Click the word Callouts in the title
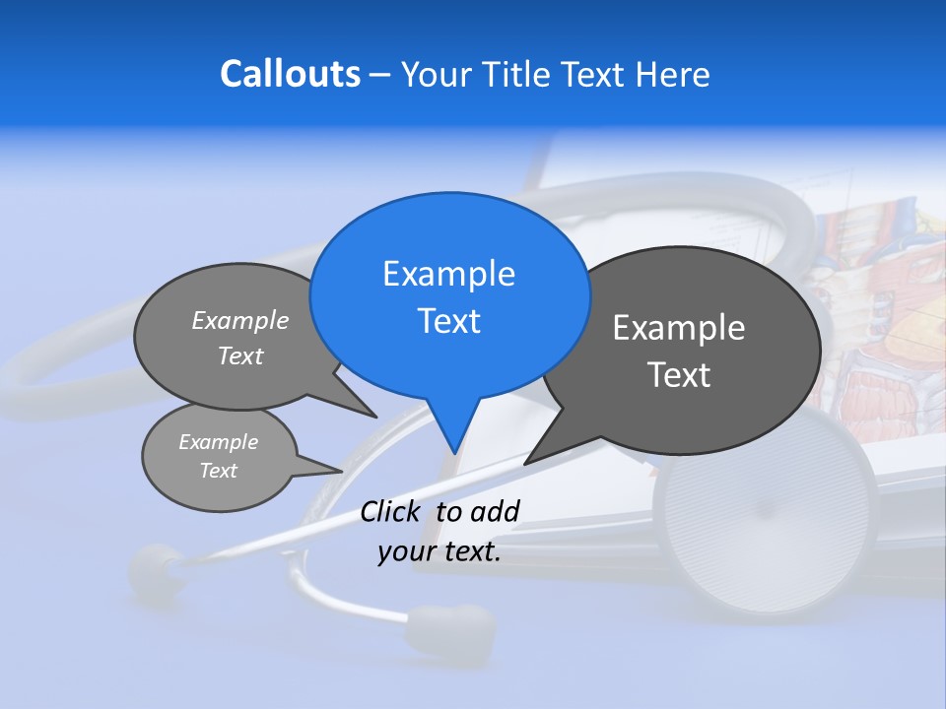coord(290,74)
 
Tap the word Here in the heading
coord(673,75)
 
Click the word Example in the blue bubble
coord(448,274)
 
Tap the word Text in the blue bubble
coord(448,321)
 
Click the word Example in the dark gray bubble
coord(679,328)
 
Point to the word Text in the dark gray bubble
coord(679,375)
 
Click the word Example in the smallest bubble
coord(219,442)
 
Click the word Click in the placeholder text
coord(391,511)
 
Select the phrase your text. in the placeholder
coord(439,551)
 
